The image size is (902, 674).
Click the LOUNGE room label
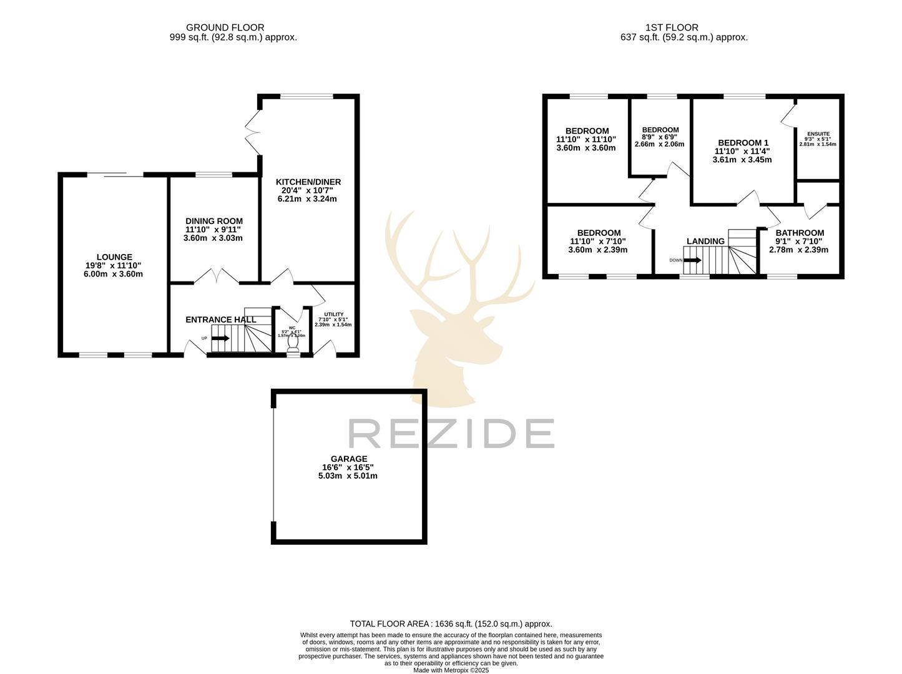coord(114,257)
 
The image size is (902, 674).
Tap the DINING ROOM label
coord(214,221)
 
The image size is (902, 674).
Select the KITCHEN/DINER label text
coord(308,182)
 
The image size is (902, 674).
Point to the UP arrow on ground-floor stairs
coord(220,338)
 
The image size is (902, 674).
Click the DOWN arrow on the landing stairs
coord(692,260)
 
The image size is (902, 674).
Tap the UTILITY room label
coord(333,315)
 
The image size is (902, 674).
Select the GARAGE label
coord(349,459)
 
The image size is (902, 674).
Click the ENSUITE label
coord(818,134)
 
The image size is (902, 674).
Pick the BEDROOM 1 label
coord(743,143)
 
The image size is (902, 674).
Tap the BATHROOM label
coord(800,233)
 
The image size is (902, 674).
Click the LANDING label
coord(705,242)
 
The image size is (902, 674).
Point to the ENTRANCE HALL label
coord(221,320)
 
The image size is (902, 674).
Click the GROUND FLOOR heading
coord(225,27)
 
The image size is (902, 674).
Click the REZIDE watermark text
coord(451,433)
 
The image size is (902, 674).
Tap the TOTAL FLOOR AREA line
coord(451,623)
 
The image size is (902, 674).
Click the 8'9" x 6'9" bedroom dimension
coord(659,137)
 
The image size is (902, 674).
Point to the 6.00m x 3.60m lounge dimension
coord(114,274)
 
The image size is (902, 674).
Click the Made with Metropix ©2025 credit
coord(451,670)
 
